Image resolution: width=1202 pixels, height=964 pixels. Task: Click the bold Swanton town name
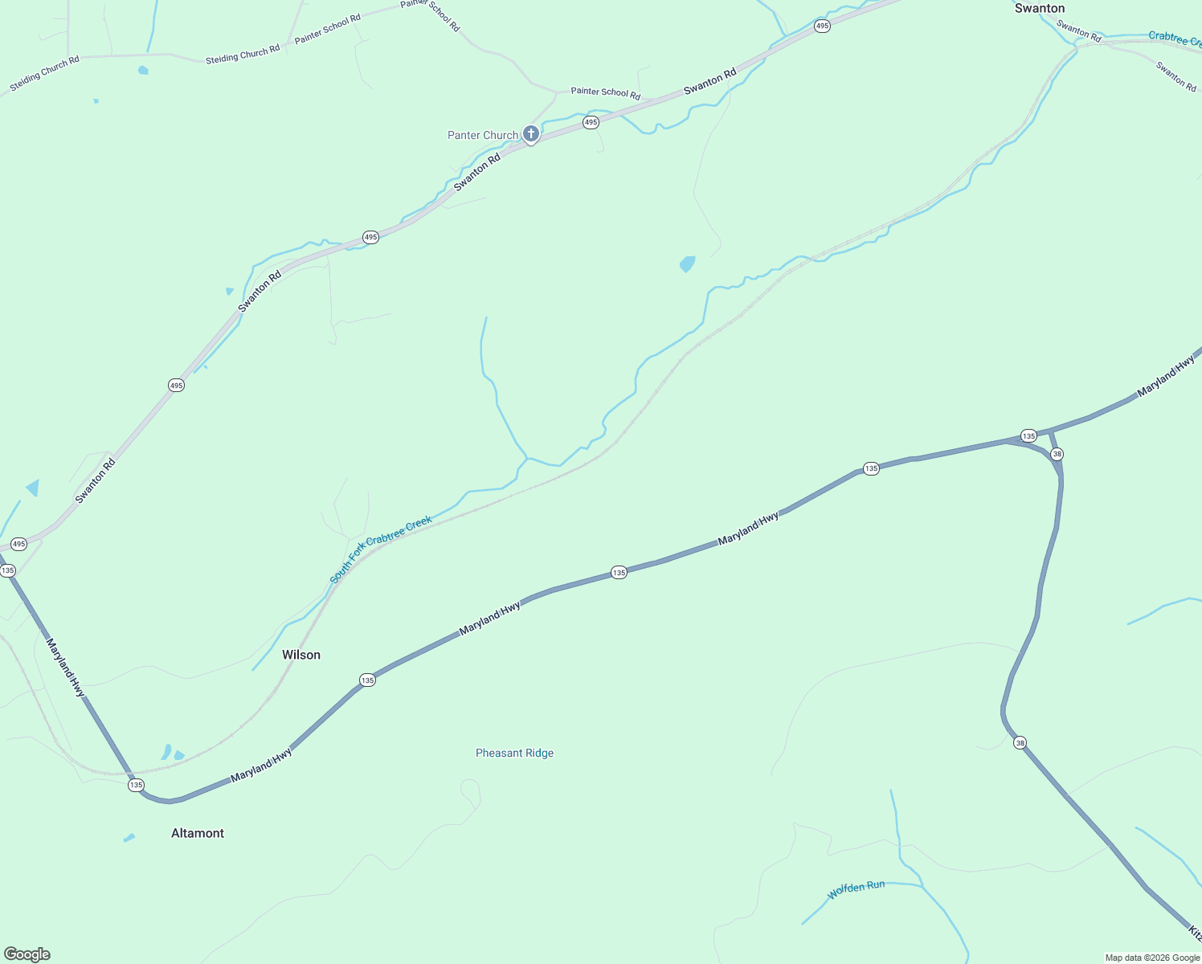point(1039,9)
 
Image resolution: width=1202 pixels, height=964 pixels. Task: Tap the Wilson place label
point(301,655)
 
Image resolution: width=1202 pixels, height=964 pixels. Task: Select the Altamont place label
point(198,833)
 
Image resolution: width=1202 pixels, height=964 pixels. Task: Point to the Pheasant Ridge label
point(514,753)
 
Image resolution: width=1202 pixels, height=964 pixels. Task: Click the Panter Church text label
point(483,135)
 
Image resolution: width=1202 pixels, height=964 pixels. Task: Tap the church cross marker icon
point(530,133)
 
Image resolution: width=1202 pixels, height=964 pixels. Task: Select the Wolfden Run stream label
point(856,888)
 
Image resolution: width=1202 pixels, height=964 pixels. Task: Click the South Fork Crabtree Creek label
point(381,549)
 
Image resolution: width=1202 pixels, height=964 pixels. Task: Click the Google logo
point(27,954)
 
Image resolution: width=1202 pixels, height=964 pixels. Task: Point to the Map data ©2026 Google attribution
point(1152,958)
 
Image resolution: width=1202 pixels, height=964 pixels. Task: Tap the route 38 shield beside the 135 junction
point(1057,454)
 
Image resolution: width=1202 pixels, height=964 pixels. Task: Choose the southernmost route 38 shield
point(1020,742)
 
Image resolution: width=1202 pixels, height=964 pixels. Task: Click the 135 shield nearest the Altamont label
point(136,785)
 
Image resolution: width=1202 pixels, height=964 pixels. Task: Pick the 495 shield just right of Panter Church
point(591,122)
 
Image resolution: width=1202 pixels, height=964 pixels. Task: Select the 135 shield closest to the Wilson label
point(367,680)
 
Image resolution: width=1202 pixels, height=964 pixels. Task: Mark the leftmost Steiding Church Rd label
point(45,73)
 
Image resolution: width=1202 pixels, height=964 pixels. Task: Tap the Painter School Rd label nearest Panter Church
point(605,92)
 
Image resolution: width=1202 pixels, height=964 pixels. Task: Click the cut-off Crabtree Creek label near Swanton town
point(1174,38)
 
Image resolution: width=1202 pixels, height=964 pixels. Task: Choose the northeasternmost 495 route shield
point(821,27)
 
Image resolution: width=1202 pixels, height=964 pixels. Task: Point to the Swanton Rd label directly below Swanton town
point(1078,31)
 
